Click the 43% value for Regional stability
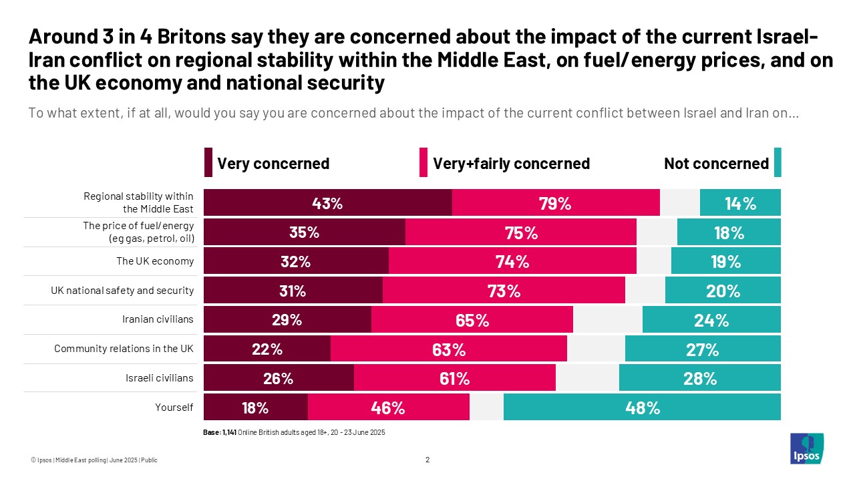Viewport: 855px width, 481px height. [x=327, y=203]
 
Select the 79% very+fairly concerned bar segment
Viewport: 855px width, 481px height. [x=555, y=203]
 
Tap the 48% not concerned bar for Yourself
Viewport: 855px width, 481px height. [x=643, y=408]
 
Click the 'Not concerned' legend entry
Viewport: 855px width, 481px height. [x=716, y=164]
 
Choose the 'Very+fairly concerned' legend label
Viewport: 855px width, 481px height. [x=511, y=164]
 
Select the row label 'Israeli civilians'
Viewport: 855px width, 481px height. [x=159, y=378]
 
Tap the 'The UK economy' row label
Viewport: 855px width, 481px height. [x=155, y=261]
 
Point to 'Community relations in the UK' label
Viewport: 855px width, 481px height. [x=124, y=349]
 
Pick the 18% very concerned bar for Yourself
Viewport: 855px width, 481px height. [x=255, y=408]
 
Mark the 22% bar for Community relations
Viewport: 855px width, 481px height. [x=267, y=349]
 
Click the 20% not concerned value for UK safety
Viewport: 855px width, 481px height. [x=723, y=291]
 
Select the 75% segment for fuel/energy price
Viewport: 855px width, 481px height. [x=521, y=232]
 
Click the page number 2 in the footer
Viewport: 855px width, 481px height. [x=427, y=460]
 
